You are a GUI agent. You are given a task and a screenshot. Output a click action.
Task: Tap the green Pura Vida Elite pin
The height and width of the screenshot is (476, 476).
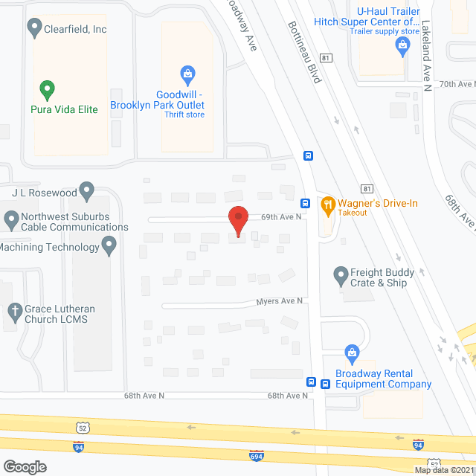(47, 90)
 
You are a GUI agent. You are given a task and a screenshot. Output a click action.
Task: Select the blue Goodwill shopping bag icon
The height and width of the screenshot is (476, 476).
(187, 74)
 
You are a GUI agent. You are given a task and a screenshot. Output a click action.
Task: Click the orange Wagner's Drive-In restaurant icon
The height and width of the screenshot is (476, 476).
(327, 203)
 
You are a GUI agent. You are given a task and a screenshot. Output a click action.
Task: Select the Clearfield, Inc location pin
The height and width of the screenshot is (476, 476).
(34, 28)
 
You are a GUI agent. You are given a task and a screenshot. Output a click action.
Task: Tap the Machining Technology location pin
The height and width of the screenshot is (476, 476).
(110, 244)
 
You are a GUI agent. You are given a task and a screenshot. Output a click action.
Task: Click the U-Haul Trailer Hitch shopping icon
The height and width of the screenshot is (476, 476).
(402, 45)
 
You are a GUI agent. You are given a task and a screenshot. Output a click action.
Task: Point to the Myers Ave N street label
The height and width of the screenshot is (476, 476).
(280, 300)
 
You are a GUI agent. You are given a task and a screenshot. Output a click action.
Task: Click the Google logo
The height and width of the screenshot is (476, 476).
(24, 466)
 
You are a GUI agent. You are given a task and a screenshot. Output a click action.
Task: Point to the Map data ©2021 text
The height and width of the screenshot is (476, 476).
(443, 470)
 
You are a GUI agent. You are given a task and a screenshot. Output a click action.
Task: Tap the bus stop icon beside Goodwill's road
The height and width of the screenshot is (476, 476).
(307, 155)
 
